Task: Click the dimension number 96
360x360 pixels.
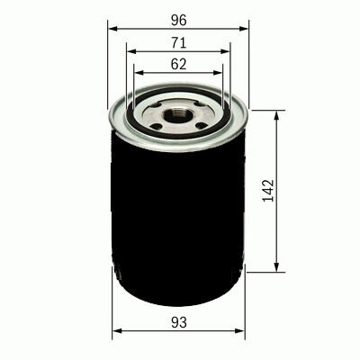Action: click(178, 20)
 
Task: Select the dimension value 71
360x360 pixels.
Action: click(179, 43)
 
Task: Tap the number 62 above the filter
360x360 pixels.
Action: click(178, 64)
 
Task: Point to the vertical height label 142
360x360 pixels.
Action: click(268, 191)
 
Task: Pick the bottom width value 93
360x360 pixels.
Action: click(179, 322)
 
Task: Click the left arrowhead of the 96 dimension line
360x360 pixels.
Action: click(112, 29)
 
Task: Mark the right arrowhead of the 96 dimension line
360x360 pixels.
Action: click(244, 29)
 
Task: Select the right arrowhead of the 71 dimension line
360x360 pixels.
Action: click(225, 51)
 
